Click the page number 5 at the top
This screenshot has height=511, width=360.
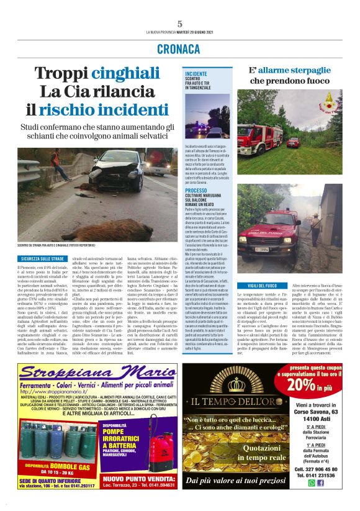tap(179, 24)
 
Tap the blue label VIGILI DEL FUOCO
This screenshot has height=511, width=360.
tap(258, 302)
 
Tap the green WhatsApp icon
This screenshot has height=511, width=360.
tap(312, 482)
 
